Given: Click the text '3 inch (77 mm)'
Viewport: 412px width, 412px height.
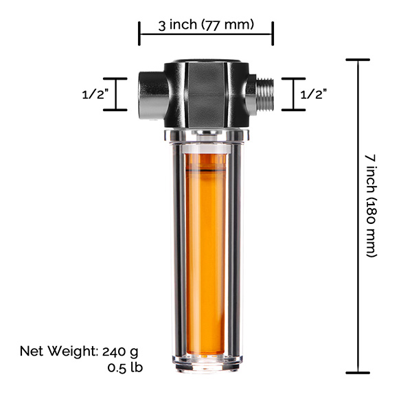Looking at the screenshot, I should [206, 25].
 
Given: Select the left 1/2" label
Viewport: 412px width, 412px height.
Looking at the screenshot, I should [93, 95].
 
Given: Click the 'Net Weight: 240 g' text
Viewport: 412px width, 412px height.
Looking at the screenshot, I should [82, 352].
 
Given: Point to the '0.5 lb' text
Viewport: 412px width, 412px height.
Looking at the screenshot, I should [125, 368].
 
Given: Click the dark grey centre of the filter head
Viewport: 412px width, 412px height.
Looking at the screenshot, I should [206, 93].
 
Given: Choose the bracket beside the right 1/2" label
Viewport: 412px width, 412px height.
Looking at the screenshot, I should [294, 94].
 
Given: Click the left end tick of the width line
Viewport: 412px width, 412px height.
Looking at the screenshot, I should [139, 34].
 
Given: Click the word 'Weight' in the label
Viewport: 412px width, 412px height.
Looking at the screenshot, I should [76, 352].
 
